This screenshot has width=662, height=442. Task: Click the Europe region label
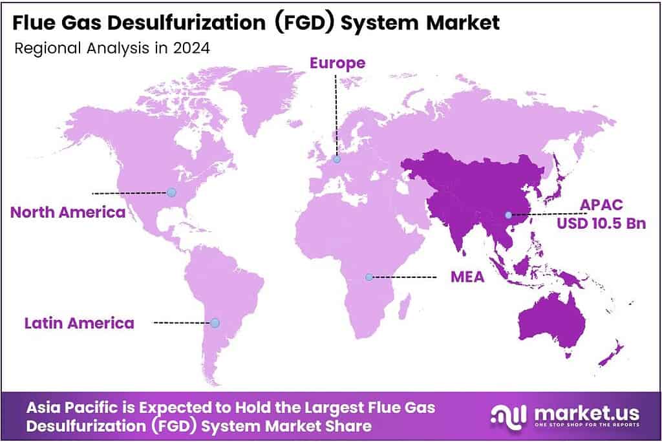pos(337,63)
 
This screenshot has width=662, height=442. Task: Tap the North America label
pos(67,212)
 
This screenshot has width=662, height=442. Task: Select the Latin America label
pos(79,322)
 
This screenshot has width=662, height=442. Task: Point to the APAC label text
pos(601,205)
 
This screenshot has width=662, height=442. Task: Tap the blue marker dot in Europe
pos(336,159)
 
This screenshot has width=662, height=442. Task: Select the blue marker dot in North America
pos(171,192)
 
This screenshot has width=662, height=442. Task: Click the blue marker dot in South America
pos(215,322)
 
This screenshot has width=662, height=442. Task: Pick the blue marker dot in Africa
pos(368,277)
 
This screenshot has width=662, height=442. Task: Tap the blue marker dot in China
pos(508,215)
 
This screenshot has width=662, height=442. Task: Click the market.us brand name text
pos(580,412)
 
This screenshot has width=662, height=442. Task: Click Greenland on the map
pos(259,97)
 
